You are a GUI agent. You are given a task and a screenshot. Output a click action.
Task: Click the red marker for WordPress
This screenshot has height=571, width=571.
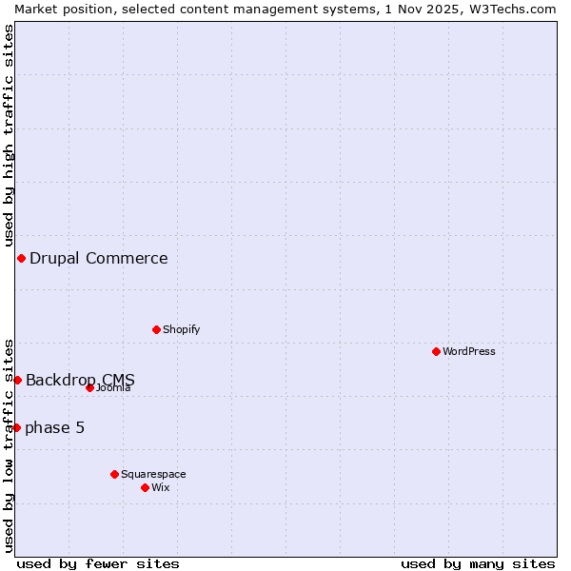[436, 351]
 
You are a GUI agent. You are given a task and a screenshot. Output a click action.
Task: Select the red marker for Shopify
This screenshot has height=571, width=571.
[156, 329]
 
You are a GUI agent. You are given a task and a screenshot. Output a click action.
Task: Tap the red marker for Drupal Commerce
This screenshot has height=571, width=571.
[21, 258]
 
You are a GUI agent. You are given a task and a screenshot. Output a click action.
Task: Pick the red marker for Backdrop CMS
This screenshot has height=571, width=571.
[17, 380]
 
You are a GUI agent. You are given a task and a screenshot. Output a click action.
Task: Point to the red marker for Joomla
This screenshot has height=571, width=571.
[89, 387]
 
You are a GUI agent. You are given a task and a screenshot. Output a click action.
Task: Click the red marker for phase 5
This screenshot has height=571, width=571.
[16, 427]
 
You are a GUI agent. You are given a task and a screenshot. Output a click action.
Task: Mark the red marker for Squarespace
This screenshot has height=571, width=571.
[114, 474]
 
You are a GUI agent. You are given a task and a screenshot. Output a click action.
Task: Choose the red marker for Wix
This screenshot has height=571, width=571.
[145, 487]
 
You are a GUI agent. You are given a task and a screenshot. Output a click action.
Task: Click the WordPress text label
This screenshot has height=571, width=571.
[469, 351]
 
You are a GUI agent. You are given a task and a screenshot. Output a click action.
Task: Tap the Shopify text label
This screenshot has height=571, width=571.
[182, 329]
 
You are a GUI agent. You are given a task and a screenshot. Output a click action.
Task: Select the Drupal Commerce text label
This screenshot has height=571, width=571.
[99, 258]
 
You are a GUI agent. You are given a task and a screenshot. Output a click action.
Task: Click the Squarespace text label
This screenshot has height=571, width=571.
[153, 474]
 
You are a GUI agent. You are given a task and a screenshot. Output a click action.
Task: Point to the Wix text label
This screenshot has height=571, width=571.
[161, 487]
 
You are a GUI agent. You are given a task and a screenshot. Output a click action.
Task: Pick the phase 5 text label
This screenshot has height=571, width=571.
[55, 427]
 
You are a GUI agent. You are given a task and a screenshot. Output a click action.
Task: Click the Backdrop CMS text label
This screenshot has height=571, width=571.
[81, 380]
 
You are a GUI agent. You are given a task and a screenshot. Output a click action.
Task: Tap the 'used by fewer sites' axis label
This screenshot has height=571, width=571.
[98, 563]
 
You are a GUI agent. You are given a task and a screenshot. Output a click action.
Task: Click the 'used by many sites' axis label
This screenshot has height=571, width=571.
[478, 563]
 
